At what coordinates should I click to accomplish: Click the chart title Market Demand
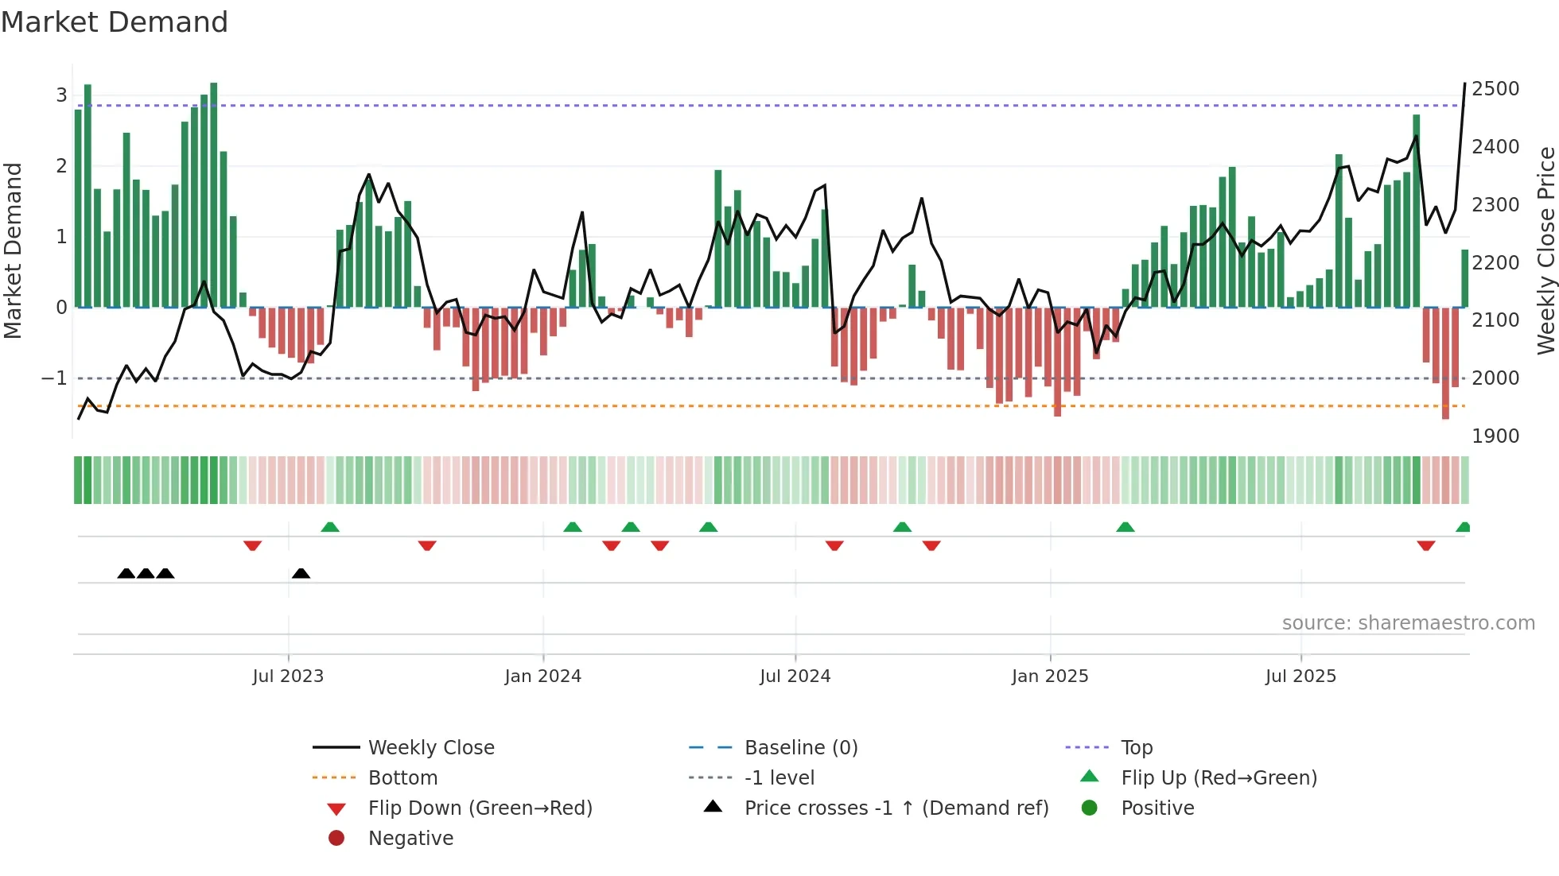pos(115,22)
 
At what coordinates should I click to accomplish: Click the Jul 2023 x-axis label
pos(288,676)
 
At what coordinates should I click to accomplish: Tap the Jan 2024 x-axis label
pos(542,676)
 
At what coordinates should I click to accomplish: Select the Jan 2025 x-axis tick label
pos(1049,676)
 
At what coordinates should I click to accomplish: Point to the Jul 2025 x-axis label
pos(1300,676)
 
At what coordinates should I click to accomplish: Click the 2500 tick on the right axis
pos(1495,89)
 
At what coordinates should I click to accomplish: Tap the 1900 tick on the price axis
pos(1495,436)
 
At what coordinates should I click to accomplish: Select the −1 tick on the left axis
pos(54,378)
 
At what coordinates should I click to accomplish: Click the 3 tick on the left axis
pos(61,95)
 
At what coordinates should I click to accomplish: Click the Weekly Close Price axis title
pos(1545,250)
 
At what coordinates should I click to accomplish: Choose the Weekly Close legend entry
pos(430,748)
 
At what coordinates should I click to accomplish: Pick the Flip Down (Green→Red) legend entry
pos(480,808)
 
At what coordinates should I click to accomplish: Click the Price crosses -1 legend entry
pos(896,808)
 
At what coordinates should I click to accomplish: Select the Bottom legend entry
pos(402,778)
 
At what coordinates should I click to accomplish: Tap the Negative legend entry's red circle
pos(336,839)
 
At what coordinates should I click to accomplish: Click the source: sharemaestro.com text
pos(1408,623)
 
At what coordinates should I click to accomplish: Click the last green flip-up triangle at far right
pos(1463,527)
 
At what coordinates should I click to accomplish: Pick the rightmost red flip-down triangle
pos(1425,545)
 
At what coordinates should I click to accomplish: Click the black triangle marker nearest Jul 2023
pos(301,573)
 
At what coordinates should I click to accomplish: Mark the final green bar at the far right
pos(1464,278)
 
